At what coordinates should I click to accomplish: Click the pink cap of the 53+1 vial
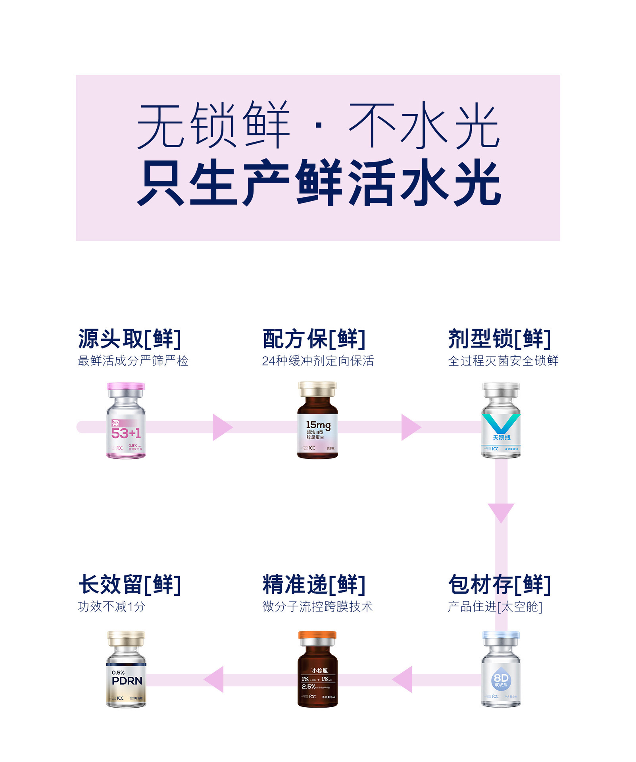pyautogui.click(x=126, y=386)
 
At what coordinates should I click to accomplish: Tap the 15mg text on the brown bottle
pyautogui.click(x=318, y=425)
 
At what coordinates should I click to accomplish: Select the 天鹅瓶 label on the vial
pyautogui.click(x=501, y=437)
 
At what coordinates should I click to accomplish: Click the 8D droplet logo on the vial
pyautogui.click(x=501, y=680)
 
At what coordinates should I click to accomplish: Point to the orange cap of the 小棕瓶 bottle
pyautogui.click(x=317, y=635)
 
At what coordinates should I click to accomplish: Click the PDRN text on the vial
pyautogui.click(x=127, y=681)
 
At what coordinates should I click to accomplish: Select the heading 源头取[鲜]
pyautogui.click(x=129, y=339)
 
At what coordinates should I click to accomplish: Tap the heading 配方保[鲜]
pyautogui.click(x=314, y=339)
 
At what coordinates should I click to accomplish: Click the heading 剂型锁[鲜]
pyautogui.click(x=500, y=339)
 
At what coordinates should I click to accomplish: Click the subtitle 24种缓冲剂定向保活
pyautogui.click(x=318, y=361)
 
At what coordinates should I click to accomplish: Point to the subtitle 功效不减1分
pyautogui.click(x=111, y=606)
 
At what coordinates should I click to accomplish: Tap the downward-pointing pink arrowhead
pyautogui.click(x=501, y=512)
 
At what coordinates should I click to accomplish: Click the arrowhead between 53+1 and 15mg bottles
pyautogui.click(x=221, y=427)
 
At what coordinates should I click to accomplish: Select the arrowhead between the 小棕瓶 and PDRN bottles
pyautogui.click(x=215, y=679)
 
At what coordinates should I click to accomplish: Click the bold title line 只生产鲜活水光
pyautogui.click(x=319, y=183)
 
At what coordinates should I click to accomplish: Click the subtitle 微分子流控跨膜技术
pyautogui.click(x=317, y=606)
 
